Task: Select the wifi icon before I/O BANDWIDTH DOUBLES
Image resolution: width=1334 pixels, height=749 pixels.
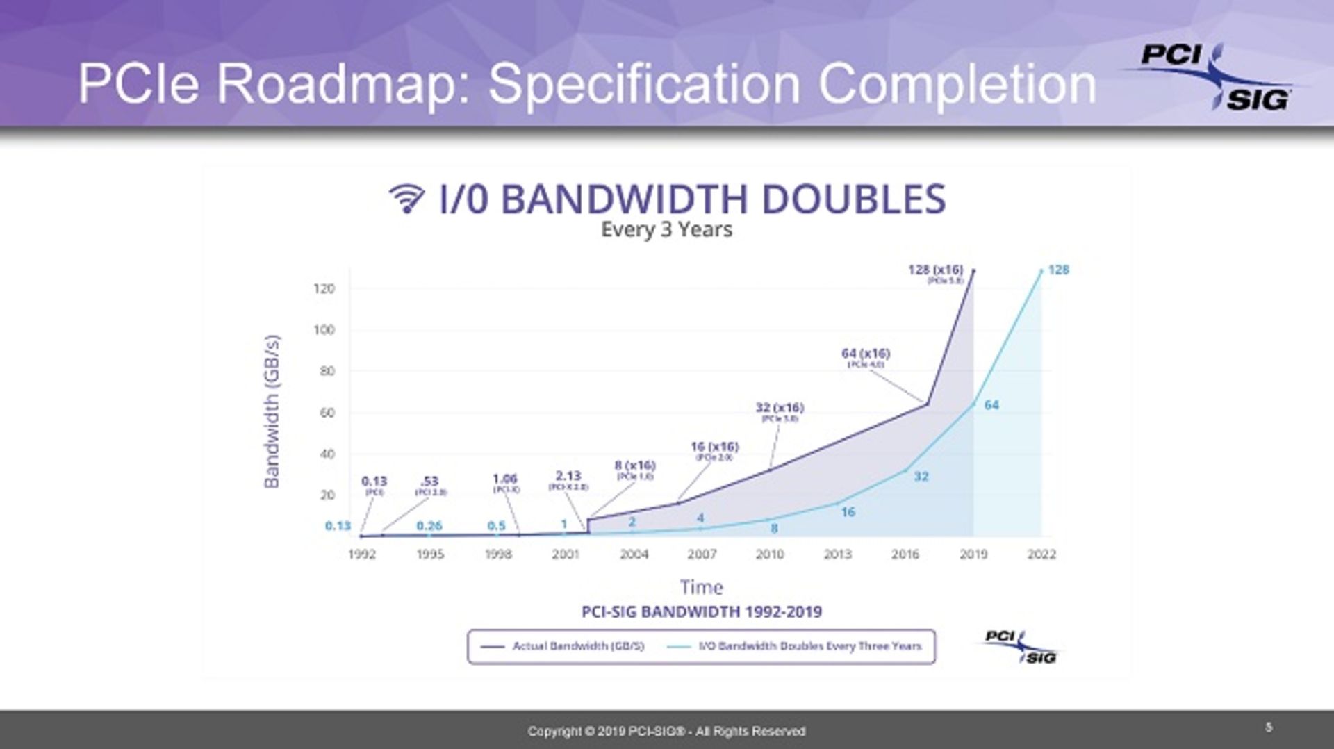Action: [x=406, y=199]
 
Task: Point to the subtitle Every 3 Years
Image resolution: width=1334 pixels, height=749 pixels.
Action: [x=666, y=229]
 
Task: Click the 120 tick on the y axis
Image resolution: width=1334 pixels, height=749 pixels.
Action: [x=324, y=288]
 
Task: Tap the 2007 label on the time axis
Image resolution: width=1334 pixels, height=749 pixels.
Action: [x=702, y=554]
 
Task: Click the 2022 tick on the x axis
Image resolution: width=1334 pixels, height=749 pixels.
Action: [x=1041, y=554]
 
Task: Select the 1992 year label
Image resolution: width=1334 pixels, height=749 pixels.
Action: [x=361, y=554]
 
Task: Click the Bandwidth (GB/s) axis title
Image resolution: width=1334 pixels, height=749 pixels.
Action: [x=272, y=411]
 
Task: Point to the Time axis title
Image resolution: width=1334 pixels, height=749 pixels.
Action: [x=701, y=588]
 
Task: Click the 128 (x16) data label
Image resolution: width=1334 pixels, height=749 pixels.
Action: [x=935, y=270]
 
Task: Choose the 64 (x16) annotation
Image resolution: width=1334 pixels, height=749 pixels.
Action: [x=865, y=354]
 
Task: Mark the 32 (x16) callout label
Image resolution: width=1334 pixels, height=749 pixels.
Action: [x=780, y=408]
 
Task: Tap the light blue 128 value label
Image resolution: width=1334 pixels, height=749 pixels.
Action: [x=1058, y=270]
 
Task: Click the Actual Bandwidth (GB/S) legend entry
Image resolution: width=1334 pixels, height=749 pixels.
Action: [x=563, y=646]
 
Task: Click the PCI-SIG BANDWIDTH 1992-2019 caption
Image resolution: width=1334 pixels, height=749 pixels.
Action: [x=701, y=612]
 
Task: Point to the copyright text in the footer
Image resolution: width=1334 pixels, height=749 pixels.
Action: [x=666, y=731]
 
